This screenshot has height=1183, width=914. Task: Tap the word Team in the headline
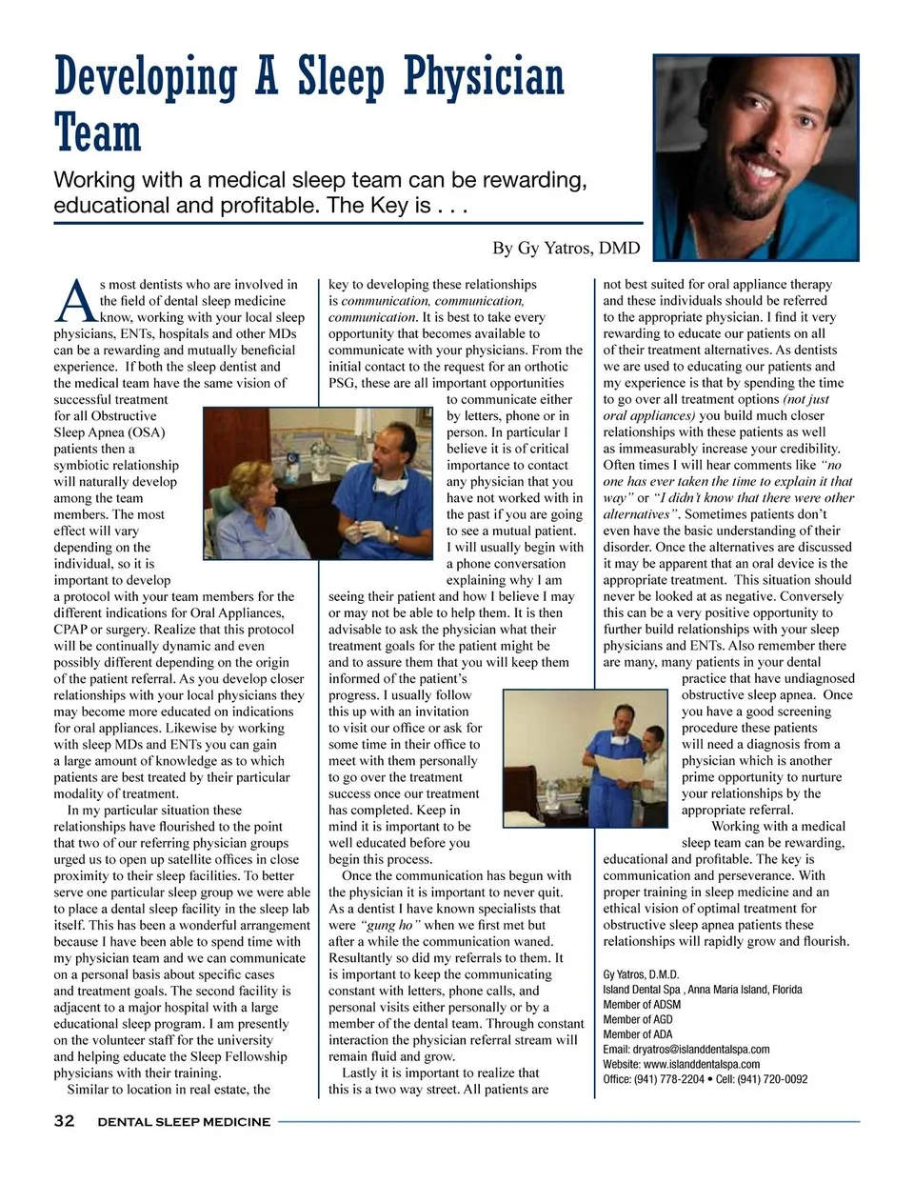pos(97,133)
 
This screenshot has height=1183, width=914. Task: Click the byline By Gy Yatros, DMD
pos(566,249)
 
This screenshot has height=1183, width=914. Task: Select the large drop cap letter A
pos(75,300)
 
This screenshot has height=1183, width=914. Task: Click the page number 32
pos(64,1121)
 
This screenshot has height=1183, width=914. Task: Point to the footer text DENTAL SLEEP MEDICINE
pos(184,1122)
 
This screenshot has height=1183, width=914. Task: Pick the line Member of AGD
pos(638,1019)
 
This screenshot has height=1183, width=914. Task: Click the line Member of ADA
pos(637,1034)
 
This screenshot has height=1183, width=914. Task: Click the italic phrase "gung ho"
pos(390,925)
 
